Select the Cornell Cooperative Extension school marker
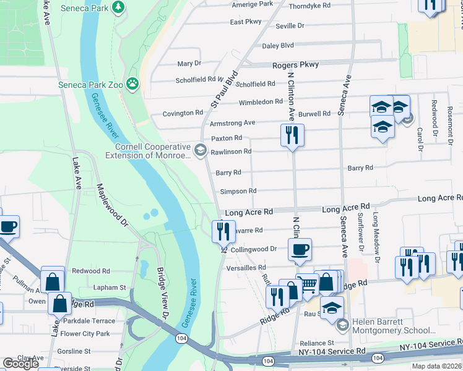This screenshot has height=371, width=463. (200, 150)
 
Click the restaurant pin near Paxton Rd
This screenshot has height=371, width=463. (292, 135)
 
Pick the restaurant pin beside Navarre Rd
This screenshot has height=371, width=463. (223, 231)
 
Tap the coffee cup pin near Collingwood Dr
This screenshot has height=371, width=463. (300, 249)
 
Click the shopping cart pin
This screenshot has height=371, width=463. (307, 284)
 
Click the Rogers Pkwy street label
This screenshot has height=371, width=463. (296, 64)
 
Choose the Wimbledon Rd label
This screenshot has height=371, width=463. (261, 101)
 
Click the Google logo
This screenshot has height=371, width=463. (20, 364)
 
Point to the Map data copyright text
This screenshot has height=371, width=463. (436, 366)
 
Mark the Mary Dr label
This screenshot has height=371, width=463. (189, 63)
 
